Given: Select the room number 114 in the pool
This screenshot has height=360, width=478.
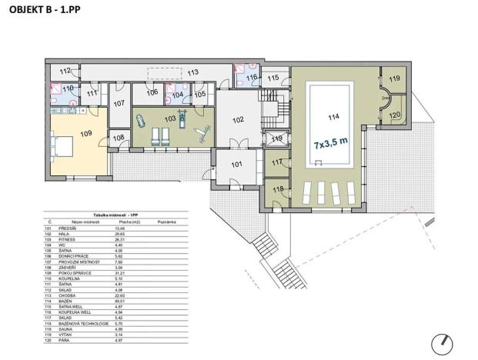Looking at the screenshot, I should point(333,118).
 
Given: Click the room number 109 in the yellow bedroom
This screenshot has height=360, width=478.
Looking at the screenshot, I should point(85,134).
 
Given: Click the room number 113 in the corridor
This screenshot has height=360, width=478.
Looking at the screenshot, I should point(192,72).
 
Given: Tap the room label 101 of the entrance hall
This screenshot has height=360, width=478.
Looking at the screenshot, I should point(237,163).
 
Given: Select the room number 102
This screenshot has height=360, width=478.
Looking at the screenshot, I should point(238,119).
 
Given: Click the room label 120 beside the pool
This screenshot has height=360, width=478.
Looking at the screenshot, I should point(393,115).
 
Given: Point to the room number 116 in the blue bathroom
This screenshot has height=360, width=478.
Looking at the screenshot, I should point(252,77).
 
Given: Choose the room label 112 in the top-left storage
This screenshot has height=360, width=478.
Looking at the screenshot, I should point(65,72).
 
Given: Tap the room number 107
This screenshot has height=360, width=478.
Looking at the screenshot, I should point(119,103).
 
